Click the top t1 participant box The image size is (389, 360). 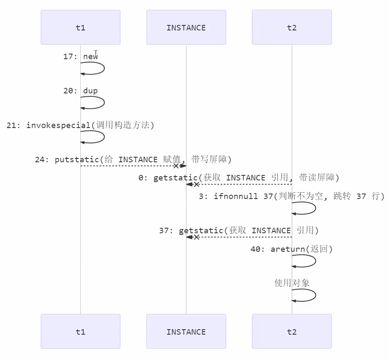(80, 27)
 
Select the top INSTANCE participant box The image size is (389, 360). (186, 27)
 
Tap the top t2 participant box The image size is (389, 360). (292, 27)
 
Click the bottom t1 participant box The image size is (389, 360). (80, 332)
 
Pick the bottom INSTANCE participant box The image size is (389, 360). (186, 332)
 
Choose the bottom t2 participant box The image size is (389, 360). (292, 332)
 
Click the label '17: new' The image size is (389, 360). (80, 57)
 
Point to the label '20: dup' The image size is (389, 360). (80, 91)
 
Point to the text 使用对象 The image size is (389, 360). (292, 283)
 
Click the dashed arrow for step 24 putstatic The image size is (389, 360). (127, 166)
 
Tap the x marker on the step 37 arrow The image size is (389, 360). (197, 237)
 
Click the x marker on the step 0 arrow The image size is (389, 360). (197, 184)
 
